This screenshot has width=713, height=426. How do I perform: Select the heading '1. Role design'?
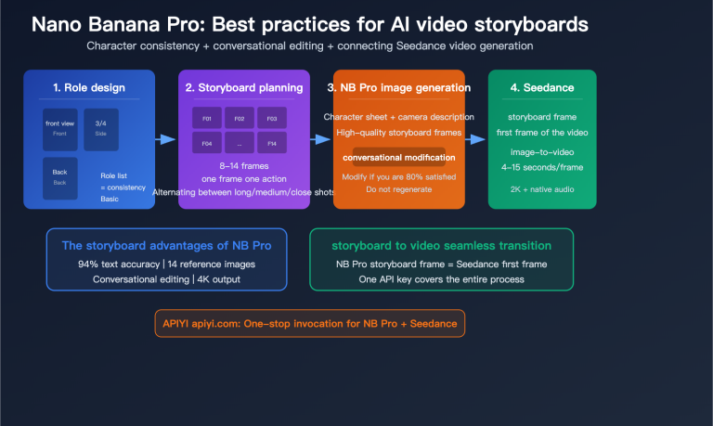[x=90, y=88]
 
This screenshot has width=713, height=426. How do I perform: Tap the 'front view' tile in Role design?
[x=60, y=127]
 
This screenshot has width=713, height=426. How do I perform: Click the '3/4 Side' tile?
[x=100, y=127]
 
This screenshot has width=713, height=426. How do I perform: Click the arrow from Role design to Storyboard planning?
[x=166, y=139]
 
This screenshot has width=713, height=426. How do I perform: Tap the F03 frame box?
[x=271, y=119]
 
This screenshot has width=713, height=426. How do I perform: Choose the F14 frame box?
[x=271, y=144]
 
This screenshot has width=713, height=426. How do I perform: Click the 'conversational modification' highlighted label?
[x=398, y=158]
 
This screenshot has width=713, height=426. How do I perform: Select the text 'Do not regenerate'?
[x=398, y=188]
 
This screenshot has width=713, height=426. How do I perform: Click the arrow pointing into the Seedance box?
[x=476, y=139]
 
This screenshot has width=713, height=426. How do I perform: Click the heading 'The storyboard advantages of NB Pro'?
[x=166, y=246]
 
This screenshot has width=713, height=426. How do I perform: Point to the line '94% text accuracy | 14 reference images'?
[x=166, y=265]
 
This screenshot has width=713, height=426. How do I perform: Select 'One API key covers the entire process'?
[x=442, y=279]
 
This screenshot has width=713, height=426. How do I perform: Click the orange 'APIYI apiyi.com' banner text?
[x=309, y=322]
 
